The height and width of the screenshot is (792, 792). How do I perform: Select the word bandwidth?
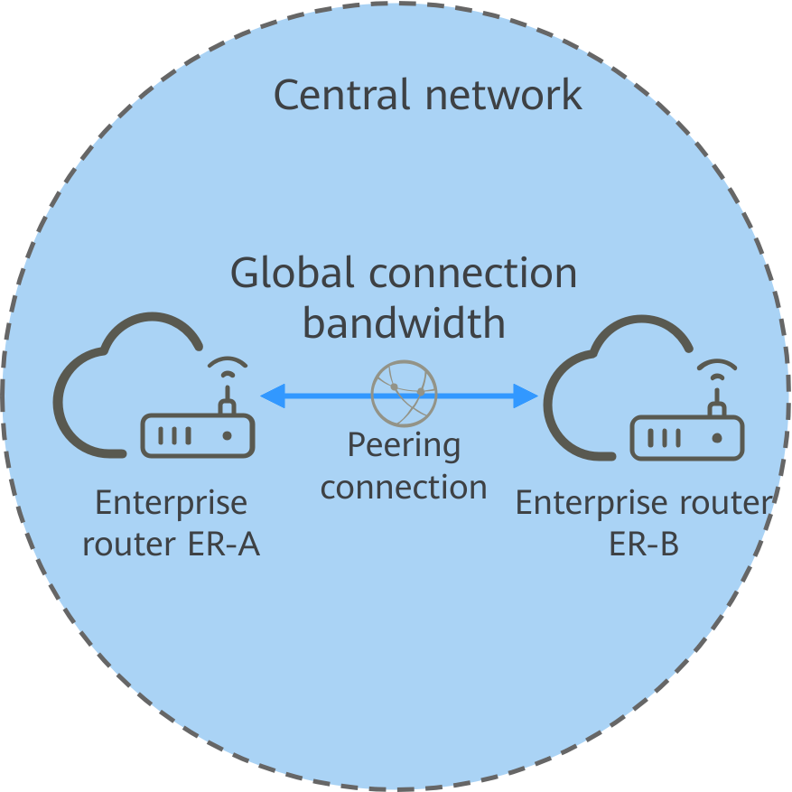click(x=404, y=323)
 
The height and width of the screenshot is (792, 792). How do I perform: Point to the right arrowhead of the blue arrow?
click(x=526, y=395)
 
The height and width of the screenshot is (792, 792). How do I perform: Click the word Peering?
click(x=404, y=445)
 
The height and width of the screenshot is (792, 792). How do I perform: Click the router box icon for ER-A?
click(x=198, y=435)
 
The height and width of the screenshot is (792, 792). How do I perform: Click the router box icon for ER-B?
click(x=687, y=437)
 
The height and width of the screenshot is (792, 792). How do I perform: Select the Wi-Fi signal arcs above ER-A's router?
click(x=227, y=369)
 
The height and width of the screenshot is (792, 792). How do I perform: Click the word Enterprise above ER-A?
click(x=171, y=503)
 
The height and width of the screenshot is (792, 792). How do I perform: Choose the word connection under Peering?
click(x=404, y=488)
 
